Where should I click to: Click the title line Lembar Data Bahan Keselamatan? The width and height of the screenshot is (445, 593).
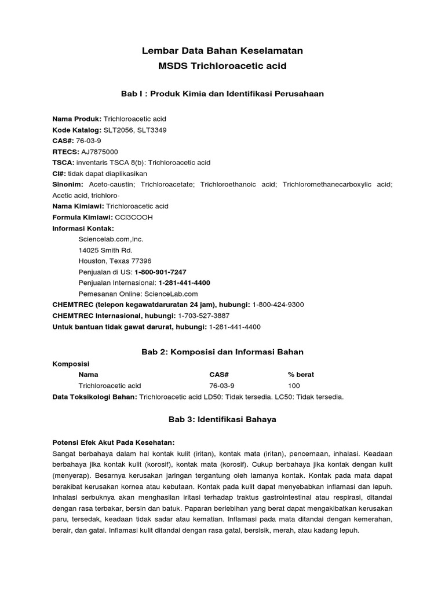click(222, 51)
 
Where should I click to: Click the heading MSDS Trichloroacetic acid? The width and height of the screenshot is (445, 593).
click(222, 66)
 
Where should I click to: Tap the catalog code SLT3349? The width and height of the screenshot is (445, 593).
click(152, 130)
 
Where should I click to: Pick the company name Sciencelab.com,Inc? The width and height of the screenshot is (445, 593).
click(111, 239)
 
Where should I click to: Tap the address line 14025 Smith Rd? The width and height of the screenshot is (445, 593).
click(105, 250)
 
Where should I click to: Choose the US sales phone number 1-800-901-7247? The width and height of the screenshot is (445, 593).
click(161, 272)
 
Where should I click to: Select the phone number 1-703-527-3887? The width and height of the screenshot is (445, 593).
click(204, 316)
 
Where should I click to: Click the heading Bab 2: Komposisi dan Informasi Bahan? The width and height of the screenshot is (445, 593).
click(222, 352)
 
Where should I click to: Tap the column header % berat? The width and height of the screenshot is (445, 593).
click(301, 375)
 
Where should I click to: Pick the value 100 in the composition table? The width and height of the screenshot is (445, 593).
click(294, 386)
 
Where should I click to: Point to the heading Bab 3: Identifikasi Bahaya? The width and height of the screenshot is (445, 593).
click(222, 420)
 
